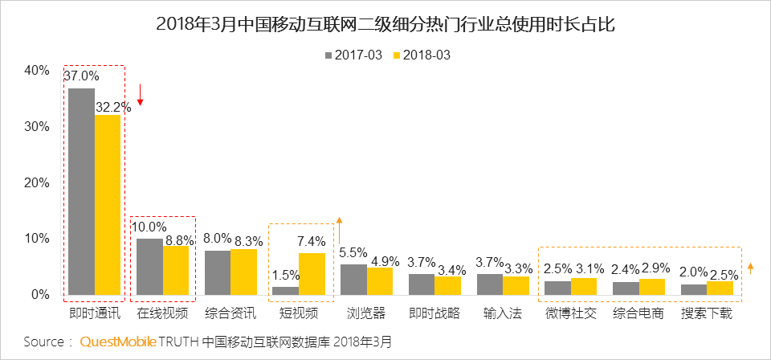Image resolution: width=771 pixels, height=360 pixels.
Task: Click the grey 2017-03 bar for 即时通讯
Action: (81, 191)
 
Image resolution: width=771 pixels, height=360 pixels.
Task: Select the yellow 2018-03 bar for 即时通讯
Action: (108, 205)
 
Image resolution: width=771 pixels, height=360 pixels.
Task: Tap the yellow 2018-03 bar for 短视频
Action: (312, 274)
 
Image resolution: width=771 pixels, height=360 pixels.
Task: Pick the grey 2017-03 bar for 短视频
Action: (285, 290)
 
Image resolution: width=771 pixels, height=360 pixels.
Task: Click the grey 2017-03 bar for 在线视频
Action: (149, 267)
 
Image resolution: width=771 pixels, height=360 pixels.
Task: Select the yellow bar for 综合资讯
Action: (244, 272)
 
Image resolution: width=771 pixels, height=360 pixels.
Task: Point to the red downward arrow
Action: (140, 94)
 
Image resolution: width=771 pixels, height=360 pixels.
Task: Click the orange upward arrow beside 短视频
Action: (339, 229)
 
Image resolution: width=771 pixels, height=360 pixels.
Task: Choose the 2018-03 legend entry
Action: (421, 55)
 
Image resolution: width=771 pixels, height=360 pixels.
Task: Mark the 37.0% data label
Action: (81, 76)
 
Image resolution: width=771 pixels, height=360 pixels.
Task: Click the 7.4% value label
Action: (312, 241)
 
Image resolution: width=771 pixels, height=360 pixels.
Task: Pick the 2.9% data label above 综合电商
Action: (652, 267)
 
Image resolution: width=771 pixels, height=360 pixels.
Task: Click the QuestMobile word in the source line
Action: (118, 342)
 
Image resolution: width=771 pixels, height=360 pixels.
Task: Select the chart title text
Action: (385, 25)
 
